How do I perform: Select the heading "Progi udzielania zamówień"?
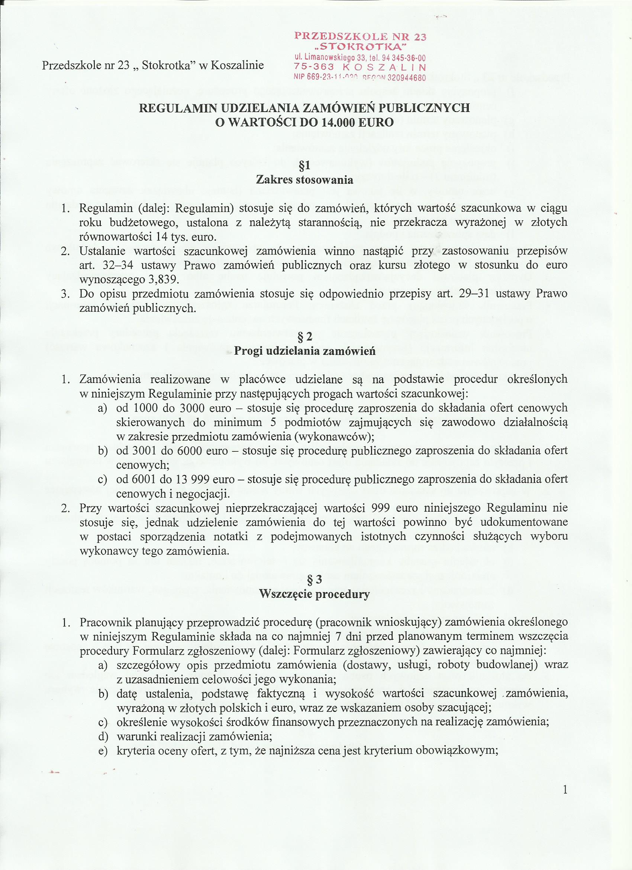coord(305,351)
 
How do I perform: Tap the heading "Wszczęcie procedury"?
coord(315,594)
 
